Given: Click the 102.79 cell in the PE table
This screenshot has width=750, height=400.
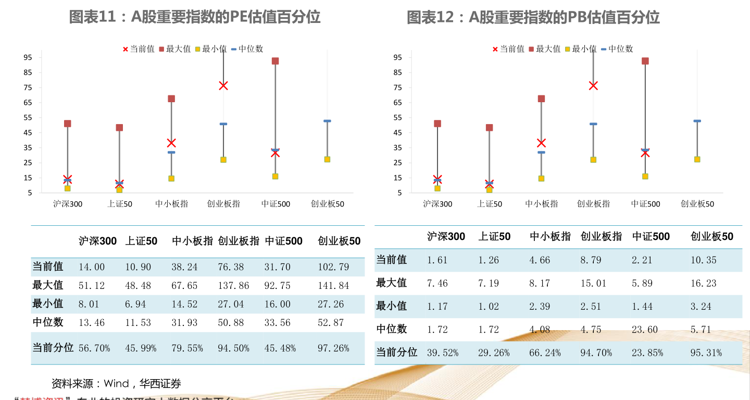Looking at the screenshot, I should coord(333,267).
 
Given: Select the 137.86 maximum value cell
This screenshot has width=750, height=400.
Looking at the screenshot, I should coord(233,286).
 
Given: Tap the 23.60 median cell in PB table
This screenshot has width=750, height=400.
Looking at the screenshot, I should coord(644,330).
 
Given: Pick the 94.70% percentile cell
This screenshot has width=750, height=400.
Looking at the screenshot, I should coord(596,353).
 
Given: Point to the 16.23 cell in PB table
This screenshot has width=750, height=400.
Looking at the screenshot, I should coord(703,283).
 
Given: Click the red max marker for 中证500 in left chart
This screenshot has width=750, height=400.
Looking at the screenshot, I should coord(275,61).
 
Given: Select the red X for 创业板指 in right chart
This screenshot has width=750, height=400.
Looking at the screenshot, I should coord(593,86).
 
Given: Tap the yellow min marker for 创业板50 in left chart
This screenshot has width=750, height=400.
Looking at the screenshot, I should coord(327,160).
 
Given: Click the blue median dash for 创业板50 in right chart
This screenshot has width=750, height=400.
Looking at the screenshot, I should coord(697,121).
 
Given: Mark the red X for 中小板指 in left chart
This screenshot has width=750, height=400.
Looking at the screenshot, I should coord(171,143).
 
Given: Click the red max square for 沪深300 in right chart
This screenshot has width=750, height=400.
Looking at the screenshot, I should coord(438,124).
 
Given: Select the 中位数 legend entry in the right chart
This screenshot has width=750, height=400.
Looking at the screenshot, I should coord(617,49).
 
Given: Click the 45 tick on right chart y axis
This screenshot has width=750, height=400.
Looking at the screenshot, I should coord(398,132).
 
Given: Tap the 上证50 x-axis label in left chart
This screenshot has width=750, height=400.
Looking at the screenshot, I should coord(119,204).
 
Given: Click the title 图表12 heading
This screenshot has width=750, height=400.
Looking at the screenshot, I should coord(533,18).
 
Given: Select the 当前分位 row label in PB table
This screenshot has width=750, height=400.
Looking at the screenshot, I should coord(396,353).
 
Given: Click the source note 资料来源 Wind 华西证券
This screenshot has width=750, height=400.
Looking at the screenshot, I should coord(116,384).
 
